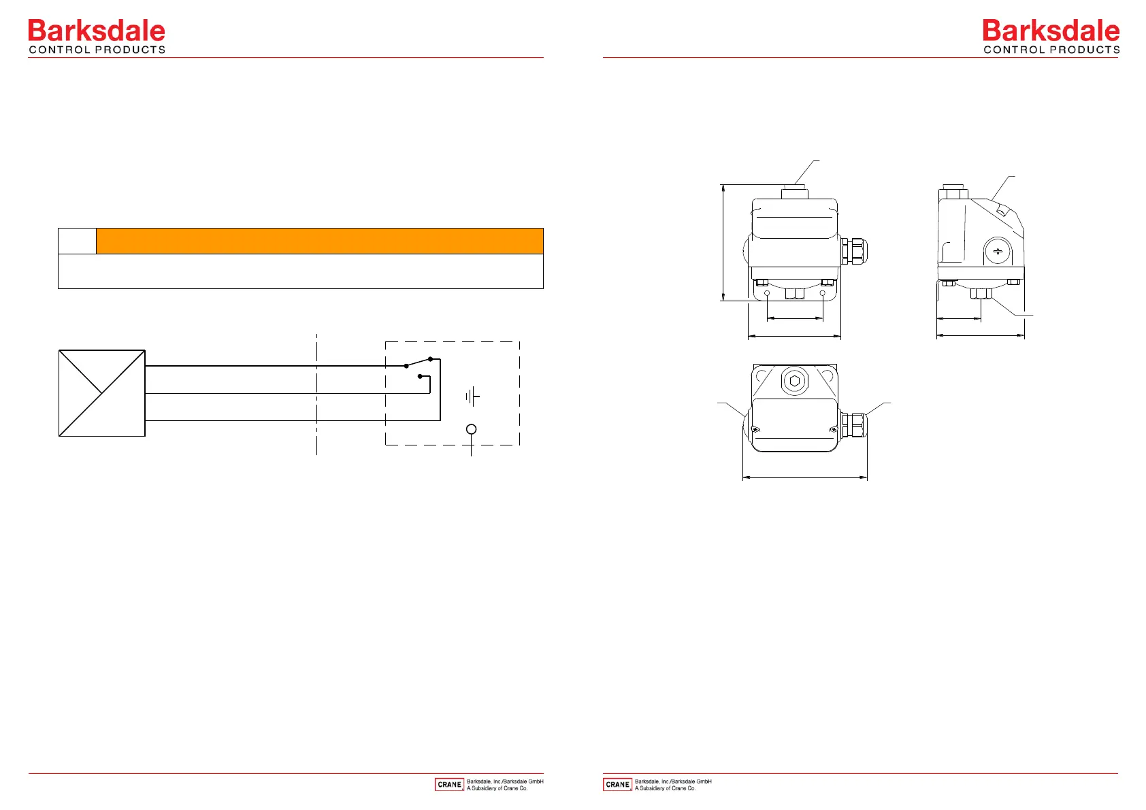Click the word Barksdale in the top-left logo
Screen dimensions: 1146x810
point(96,31)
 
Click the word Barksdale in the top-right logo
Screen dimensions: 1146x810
point(1051,31)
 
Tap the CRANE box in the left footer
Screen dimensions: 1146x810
point(449,784)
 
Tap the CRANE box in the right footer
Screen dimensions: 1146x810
point(617,784)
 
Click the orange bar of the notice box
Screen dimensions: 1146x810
point(319,241)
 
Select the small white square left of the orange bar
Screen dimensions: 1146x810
point(77,241)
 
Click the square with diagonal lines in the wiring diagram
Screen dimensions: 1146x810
point(102,393)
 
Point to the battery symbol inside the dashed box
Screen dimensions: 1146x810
point(472,396)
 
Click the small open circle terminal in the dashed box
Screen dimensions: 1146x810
point(471,429)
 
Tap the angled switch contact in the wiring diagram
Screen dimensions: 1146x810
point(419,362)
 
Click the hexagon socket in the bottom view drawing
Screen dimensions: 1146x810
point(795,381)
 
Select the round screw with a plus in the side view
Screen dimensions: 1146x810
point(998,252)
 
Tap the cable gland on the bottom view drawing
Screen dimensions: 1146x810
point(853,426)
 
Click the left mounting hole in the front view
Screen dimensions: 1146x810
point(768,294)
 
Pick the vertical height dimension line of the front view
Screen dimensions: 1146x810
point(723,241)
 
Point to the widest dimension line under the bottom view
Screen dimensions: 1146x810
point(804,477)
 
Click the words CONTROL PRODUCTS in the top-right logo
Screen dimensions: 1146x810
point(1051,50)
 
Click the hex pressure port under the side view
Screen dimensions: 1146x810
point(981,294)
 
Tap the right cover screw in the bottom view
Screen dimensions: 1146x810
point(833,429)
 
